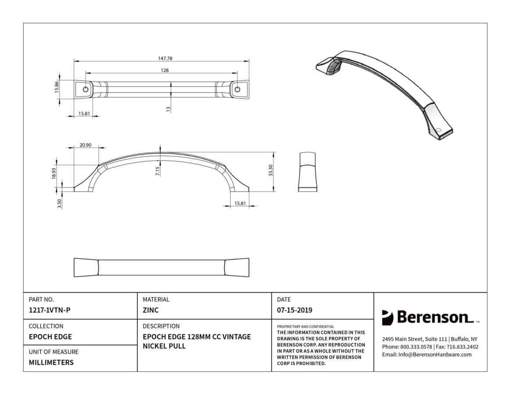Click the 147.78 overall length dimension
point(165,58)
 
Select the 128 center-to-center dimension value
point(165,70)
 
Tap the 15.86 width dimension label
point(57,87)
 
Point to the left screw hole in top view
point(86,90)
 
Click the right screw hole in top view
point(237,90)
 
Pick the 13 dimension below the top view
point(168,109)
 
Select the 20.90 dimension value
point(86,145)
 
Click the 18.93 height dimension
point(54,173)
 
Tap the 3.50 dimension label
point(59,204)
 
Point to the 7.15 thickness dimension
point(158,171)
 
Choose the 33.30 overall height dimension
point(271,171)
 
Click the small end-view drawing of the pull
point(307,172)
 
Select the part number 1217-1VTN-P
point(50,310)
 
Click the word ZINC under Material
point(150,310)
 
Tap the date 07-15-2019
point(295,310)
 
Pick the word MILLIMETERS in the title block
point(51,363)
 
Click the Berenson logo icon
point(387,318)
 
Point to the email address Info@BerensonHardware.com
point(435,355)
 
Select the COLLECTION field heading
point(46,326)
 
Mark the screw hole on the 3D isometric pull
point(438,130)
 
